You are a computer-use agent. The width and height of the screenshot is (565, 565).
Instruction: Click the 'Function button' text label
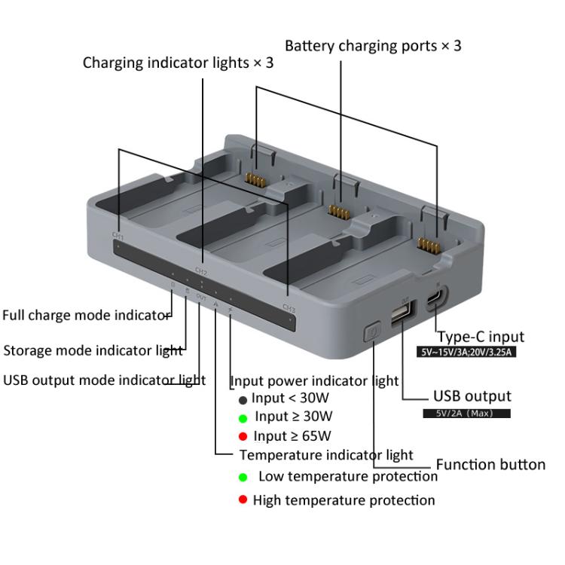[x=490, y=465]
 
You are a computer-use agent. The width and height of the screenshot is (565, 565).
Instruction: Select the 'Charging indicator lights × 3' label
[x=178, y=63]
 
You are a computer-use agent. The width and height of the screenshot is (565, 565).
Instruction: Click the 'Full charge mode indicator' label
[x=86, y=315]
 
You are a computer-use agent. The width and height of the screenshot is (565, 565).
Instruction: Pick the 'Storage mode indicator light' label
[x=93, y=350]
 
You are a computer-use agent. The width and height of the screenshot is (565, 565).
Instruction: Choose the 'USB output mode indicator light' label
[x=104, y=380]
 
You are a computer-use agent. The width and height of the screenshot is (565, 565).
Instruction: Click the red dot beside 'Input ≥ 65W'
[x=243, y=436]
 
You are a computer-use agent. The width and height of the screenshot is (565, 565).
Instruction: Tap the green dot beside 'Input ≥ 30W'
[x=243, y=417]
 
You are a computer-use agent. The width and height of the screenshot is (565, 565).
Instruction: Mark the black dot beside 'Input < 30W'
[x=243, y=399]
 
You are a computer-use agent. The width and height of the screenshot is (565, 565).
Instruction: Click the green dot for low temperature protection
[x=243, y=477]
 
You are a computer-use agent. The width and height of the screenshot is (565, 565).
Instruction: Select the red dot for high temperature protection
[x=243, y=500]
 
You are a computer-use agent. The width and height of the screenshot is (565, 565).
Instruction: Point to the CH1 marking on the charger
[x=118, y=236]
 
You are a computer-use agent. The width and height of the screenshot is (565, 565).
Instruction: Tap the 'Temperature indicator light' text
[x=325, y=455]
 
